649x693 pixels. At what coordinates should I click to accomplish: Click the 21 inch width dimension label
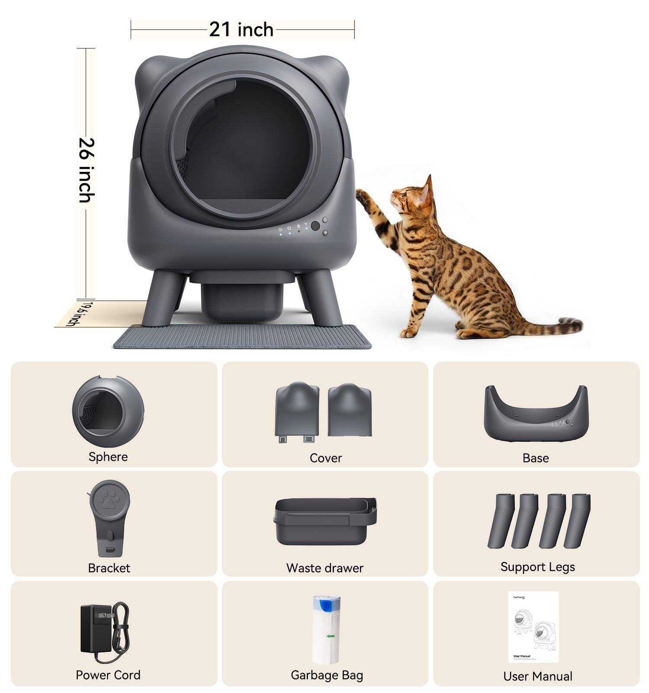241,29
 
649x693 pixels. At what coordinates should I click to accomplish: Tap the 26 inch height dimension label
86,170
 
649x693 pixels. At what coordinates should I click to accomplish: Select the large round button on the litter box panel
315,226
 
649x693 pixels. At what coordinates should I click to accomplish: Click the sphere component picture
108,411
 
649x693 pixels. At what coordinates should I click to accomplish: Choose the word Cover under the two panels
325,458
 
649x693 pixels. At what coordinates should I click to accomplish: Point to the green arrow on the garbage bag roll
331,636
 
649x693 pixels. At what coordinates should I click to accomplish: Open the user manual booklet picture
533,627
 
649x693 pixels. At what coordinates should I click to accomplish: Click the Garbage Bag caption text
327,675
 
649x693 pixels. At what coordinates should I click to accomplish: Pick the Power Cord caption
108,675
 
